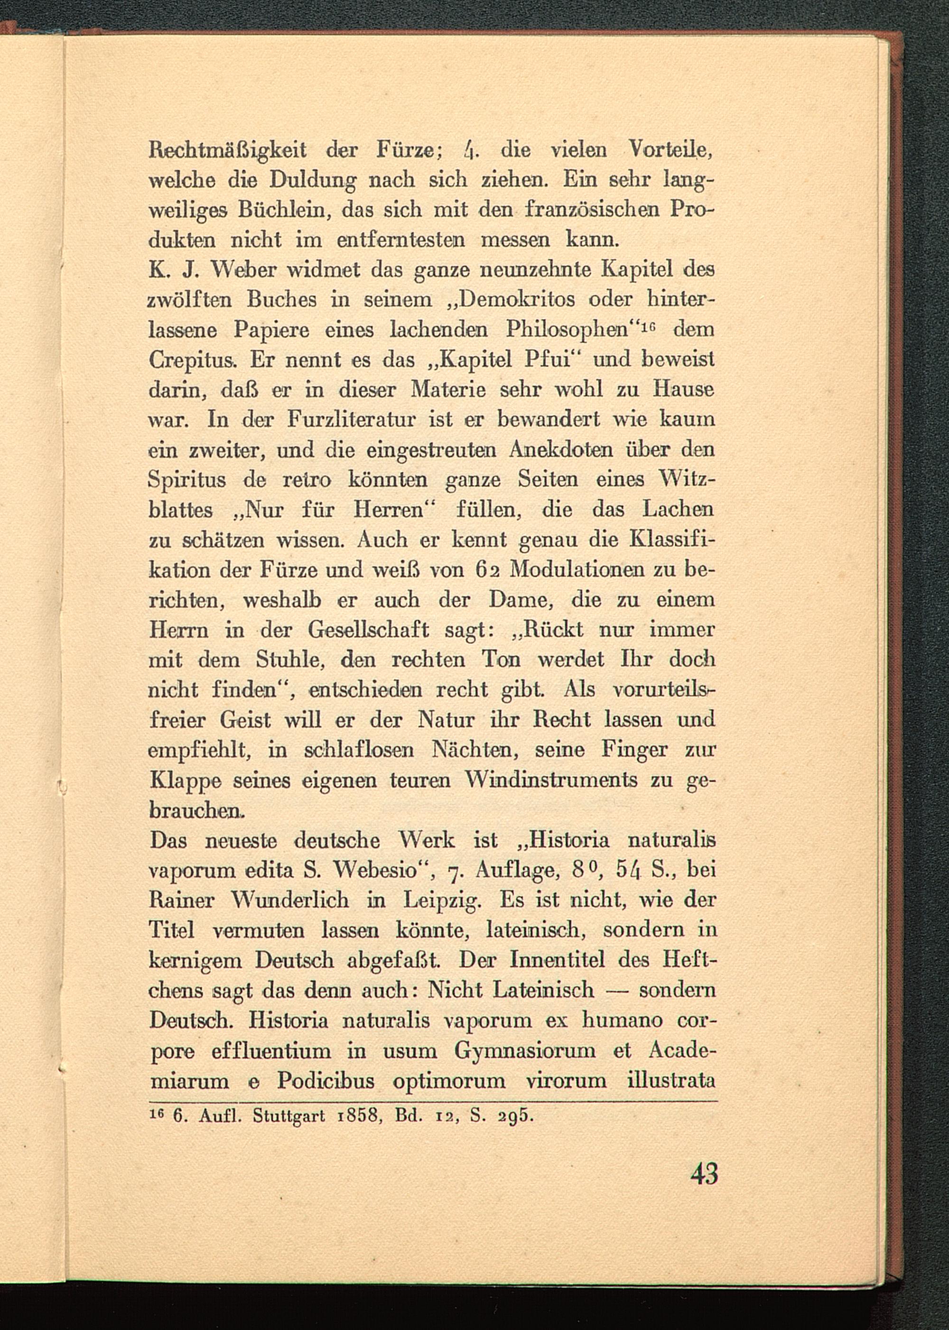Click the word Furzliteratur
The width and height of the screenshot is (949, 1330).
[352, 420]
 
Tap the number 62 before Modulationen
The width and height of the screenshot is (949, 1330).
[485, 570]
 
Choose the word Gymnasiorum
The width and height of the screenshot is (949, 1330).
[525, 1051]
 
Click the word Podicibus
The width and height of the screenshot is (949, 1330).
[326, 1081]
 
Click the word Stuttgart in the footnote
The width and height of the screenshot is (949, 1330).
[288, 1116]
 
